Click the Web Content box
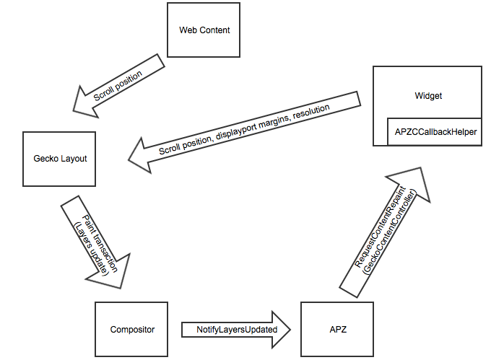click(204, 30)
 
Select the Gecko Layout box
click(60, 158)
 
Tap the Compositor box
click(132, 329)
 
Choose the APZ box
click(336, 329)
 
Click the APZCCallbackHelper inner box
click(435, 132)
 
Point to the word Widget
click(428, 95)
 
